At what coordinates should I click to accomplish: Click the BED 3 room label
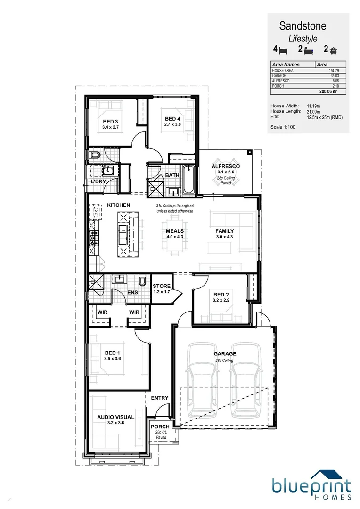pos(110,121)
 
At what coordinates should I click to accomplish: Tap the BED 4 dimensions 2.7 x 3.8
pos(172,124)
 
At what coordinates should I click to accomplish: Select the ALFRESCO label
pos(225,167)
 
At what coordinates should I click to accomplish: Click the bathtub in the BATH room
pos(188,180)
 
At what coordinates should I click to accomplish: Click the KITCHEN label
pos(118,205)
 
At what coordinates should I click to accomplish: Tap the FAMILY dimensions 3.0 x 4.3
pos(225,237)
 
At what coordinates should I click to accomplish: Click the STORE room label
pos(162,286)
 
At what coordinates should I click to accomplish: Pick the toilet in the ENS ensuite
pos(143,280)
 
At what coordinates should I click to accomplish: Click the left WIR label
pos(103,312)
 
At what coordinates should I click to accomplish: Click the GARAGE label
pos(225,353)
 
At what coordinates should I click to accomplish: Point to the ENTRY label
pos(160,398)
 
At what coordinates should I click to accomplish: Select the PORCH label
pos(160,427)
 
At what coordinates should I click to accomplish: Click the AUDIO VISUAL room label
pos(116,417)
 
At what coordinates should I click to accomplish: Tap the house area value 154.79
pos(334,71)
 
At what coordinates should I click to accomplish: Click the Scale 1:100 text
pos(283,126)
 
